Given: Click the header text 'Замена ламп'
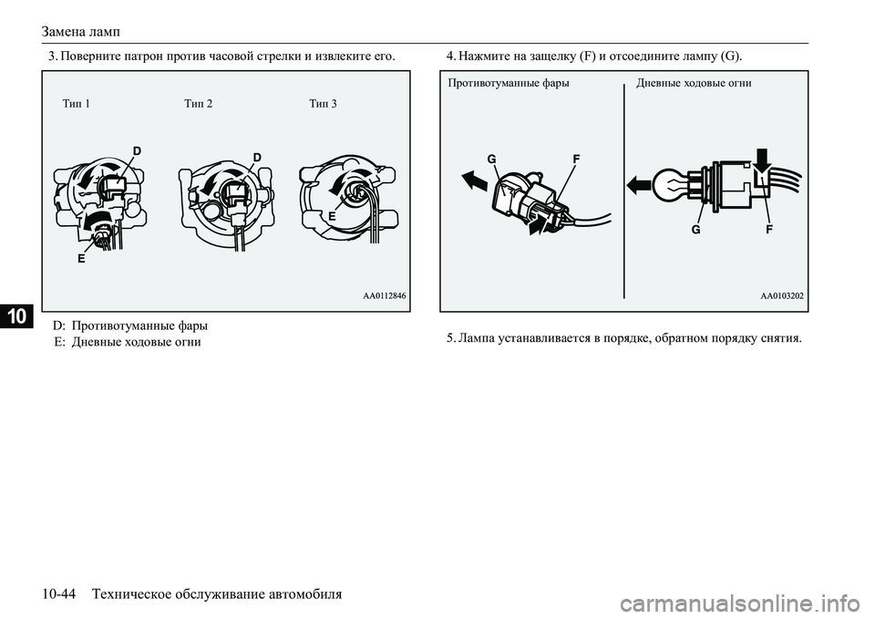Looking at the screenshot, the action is (81, 31).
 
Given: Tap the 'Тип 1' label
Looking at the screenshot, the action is (77, 104).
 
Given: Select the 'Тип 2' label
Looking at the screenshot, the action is (198, 104).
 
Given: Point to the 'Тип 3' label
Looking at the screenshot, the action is (323, 104).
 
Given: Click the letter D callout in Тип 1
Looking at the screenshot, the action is (137, 150).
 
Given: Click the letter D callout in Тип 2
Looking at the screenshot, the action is (257, 158).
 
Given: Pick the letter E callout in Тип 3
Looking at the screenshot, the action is (332, 216).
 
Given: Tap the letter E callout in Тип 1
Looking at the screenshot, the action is (81, 259).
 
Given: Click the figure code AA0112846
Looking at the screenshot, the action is (385, 295).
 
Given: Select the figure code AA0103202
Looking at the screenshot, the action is (782, 295).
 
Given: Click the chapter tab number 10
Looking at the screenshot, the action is (16, 316).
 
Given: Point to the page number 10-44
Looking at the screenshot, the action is (58, 593).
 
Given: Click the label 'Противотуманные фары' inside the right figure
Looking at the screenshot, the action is (509, 84).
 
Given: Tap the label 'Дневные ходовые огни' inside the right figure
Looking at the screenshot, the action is (694, 84).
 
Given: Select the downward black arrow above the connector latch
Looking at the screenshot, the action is (762, 160).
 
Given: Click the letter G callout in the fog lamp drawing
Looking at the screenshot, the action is (491, 160).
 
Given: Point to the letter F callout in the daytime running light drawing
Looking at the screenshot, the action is (769, 230).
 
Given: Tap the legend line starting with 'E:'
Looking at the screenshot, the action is (128, 342).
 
